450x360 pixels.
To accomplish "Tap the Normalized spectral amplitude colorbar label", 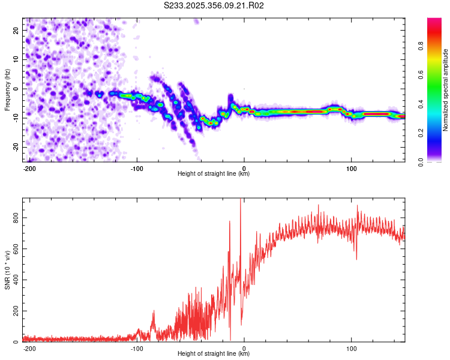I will pos(446,89).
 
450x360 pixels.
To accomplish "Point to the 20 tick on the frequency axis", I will pos(17,29).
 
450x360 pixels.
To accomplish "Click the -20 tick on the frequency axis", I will pos(16,147).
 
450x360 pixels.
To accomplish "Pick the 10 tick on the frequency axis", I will pos(17,59).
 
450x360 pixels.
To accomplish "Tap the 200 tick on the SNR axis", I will pos(14,311).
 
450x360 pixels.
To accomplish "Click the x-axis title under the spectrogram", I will pos(214,174).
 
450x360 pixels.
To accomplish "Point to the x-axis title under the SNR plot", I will pos(214,354).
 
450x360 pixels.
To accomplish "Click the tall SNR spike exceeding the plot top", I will pos(241,204).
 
